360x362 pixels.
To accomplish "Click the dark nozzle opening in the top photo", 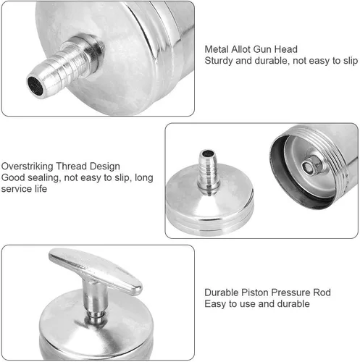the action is (35, 85).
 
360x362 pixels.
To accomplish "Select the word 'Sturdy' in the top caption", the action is (219, 61).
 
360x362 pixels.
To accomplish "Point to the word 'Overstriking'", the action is (28, 167).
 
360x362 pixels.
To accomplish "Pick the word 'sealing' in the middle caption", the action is (45, 178).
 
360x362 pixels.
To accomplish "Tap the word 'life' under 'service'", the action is (41, 189).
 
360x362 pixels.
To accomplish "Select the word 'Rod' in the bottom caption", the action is (322, 292).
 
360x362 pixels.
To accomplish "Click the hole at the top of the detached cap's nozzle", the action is (208, 153).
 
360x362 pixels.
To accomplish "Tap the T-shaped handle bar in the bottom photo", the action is (96, 270).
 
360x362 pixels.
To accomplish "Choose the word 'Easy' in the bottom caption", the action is (215, 304).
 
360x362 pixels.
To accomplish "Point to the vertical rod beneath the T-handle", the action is (95, 302).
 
